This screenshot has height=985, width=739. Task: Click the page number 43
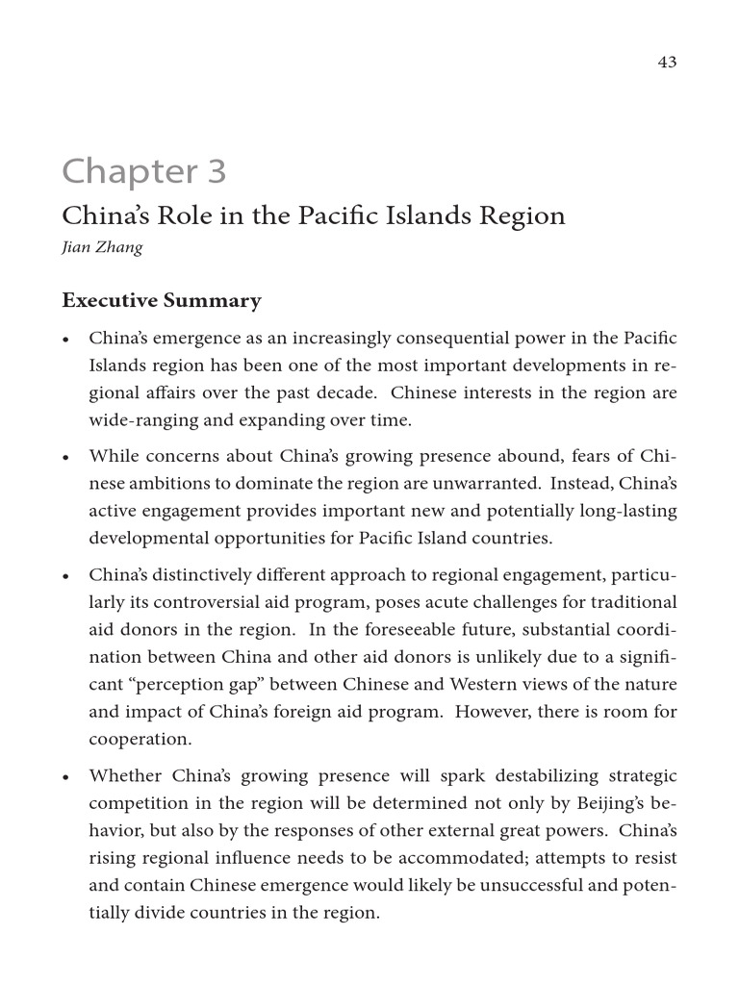(x=667, y=62)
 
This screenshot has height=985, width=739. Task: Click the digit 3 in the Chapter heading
(x=213, y=172)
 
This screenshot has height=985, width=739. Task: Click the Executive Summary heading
(x=161, y=301)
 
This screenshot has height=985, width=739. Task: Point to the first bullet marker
(x=65, y=341)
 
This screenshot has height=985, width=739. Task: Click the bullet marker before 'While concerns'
(x=65, y=457)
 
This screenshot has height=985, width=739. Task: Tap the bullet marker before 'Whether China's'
(x=65, y=777)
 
